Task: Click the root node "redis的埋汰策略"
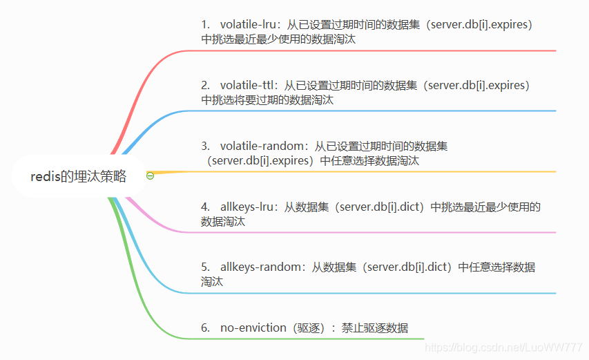pos(78,176)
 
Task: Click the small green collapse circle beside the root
pos(150,176)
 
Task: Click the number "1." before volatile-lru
pos(206,25)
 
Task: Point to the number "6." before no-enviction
pos(206,328)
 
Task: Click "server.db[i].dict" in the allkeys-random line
pos(407,267)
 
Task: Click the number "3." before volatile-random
pos(206,146)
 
